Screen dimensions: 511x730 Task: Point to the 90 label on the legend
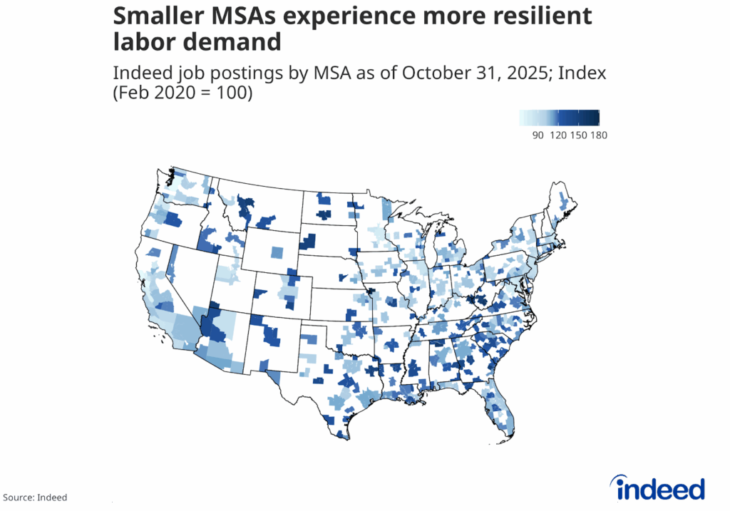tap(539, 135)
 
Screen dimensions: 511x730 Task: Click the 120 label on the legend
tap(558, 135)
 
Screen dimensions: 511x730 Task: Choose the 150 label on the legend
tap(578, 135)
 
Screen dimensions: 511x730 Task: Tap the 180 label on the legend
tap(598, 135)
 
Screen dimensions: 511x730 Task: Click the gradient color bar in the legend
tap(560, 118)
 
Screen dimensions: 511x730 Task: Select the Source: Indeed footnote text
tap(35, 497)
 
